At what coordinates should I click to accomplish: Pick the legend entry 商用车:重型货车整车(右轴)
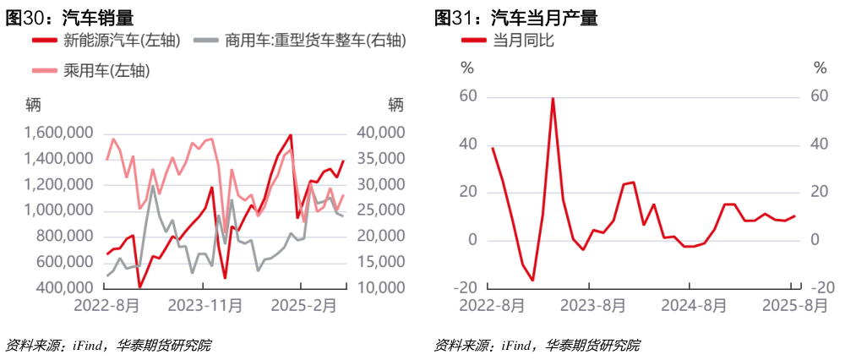pos(295,41)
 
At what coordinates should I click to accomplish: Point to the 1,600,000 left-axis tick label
pos(58,133)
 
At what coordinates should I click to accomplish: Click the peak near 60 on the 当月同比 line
pos(553,98)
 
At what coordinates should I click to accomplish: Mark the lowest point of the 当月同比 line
pos(532,281)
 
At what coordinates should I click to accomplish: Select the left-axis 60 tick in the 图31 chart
pos(467,96)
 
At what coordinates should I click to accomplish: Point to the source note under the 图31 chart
pos(537,345)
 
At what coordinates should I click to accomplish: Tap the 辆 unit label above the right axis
pos(396,104)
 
